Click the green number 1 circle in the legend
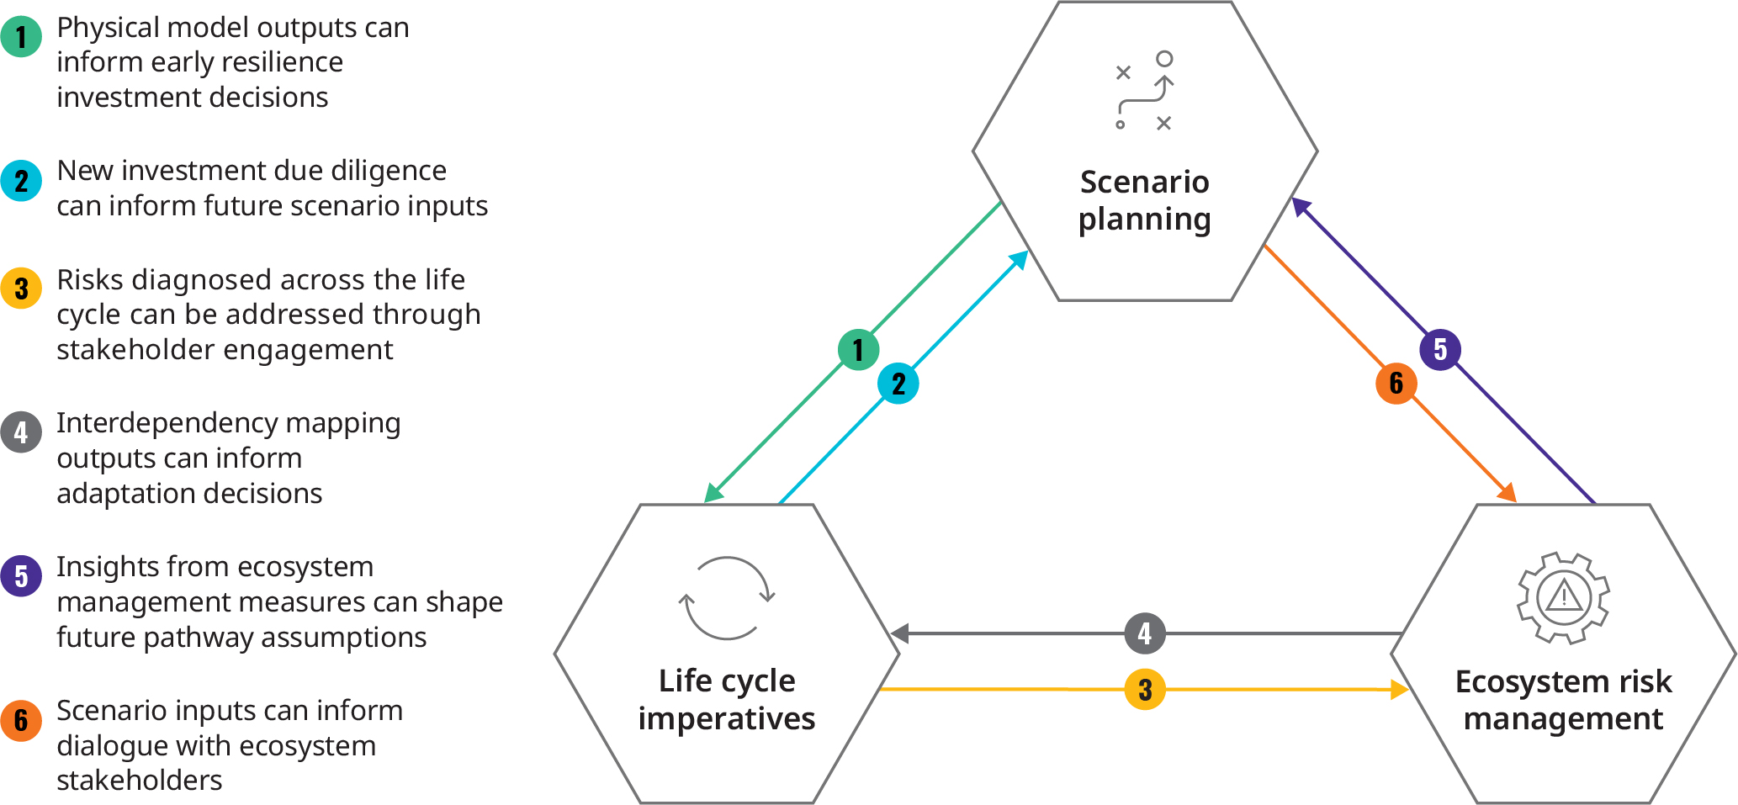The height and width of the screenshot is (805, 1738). coord(21,36)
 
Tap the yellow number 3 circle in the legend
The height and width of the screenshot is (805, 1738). coord(21,289)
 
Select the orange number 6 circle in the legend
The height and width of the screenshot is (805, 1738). coord(21,720)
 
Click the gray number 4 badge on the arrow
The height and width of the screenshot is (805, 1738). coord(1145,633)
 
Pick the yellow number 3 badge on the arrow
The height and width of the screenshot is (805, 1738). coord(1145,690)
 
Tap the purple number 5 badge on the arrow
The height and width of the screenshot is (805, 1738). coord(1440,349)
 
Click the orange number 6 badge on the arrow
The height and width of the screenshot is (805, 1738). coord(1396,384)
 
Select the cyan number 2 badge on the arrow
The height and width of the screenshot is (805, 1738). coord(898,384)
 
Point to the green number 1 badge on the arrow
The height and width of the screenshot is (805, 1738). coord(858,349)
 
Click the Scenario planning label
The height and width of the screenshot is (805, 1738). coord(1145,200)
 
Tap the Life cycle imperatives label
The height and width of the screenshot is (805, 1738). coord(727,699)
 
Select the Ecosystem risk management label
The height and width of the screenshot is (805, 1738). coord(1564,699)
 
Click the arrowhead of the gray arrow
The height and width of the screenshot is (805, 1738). coord(898,633)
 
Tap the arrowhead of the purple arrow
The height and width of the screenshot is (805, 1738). coord(1300,205)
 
